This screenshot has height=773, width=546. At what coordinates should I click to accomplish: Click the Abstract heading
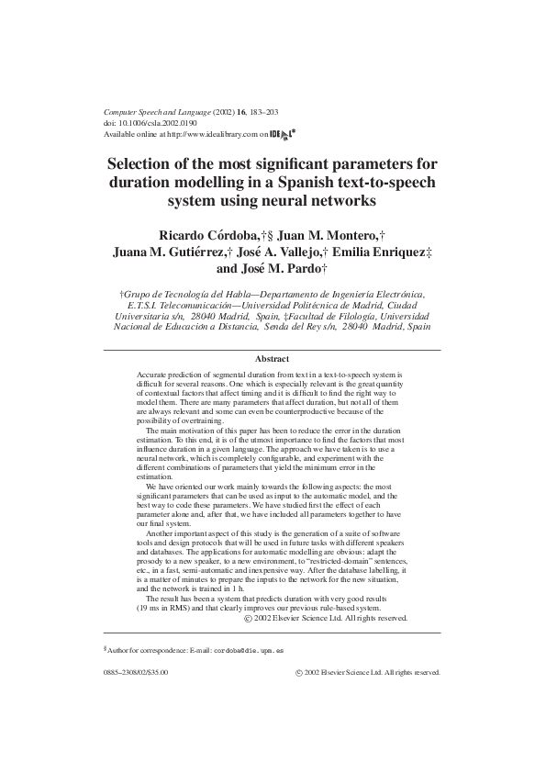[x=272, y=359]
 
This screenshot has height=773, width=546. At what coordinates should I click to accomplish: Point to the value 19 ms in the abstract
[x=151, y=609]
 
